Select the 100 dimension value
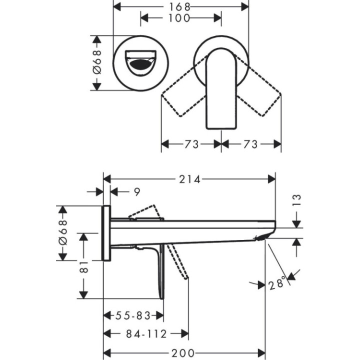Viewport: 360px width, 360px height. (180, 18)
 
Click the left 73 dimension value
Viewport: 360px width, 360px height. (190, 144)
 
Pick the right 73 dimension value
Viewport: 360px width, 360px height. (250, 144)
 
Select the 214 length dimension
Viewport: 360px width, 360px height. (189, 179)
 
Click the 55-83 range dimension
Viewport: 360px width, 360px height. (133, 315)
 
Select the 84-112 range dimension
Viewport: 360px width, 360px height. (146, 333)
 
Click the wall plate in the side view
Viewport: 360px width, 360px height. (106, 232)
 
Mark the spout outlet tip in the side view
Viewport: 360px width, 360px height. (265, 236)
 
